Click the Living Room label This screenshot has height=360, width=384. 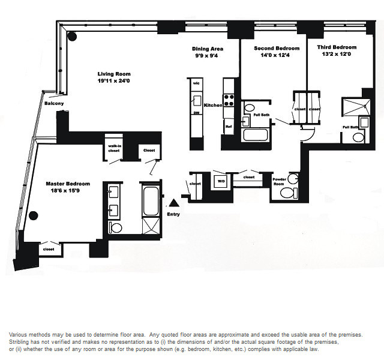point(113,74)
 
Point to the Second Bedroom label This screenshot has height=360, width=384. point(273,48)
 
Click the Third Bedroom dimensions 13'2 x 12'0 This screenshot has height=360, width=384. point(336,55)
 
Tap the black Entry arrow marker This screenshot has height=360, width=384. point(173,204)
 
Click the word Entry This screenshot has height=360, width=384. point(173,214)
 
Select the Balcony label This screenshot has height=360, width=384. point(54,103)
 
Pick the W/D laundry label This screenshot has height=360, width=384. point(220,180)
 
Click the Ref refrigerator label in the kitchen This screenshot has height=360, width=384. point(228,127)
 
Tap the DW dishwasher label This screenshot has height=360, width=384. point(196,113)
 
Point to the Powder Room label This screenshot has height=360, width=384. point(279,180)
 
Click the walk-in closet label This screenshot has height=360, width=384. point(114,148)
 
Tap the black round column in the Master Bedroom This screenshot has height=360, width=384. point(34,216)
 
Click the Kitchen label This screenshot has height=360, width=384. point(213,105)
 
